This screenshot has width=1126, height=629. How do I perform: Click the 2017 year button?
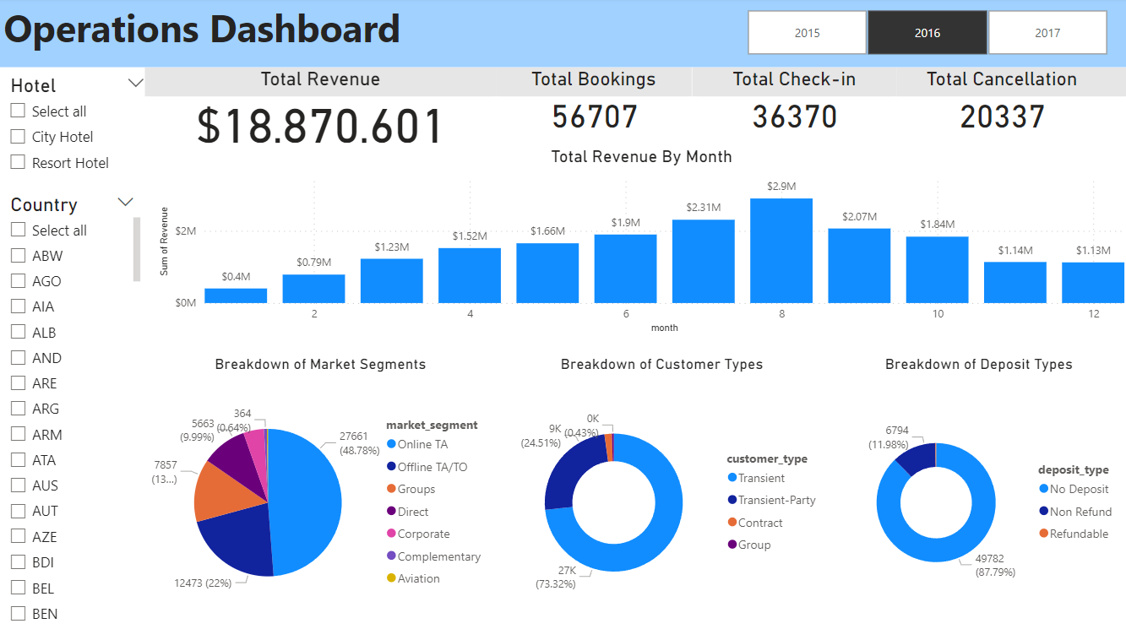1047,33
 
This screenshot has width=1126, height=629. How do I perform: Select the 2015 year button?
807,33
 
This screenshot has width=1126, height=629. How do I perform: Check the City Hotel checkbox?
18,137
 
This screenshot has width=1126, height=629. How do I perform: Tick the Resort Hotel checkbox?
18,163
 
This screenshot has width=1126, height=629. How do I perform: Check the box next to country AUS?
18,485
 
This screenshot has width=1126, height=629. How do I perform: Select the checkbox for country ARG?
18,409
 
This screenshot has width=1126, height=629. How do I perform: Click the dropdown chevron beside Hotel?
135,83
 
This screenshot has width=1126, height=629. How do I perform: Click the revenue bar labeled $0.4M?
236,295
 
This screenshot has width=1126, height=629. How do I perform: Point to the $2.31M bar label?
703,207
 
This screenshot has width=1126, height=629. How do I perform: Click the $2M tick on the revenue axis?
186,230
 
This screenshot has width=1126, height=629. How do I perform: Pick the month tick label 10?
938,314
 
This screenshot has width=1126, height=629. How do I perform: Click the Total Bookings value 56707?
595,117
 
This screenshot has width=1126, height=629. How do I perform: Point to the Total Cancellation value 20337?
1002,117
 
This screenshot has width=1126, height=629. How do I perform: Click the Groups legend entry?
416,489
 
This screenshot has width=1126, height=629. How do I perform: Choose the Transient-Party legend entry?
776,500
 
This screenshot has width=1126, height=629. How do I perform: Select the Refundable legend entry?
1079,534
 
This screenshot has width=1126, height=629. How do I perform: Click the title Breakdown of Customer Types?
661,365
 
